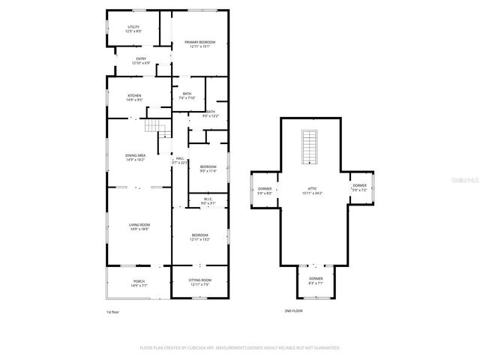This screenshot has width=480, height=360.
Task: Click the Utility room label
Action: [133, 29]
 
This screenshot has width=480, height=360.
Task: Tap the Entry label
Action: [141, 61]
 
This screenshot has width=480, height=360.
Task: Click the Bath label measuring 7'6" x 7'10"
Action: [187, 96]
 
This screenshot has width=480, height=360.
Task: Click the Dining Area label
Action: [135, 157]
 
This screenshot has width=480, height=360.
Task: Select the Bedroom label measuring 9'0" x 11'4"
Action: [208, 169]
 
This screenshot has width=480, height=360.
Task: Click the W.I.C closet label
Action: [208, 201]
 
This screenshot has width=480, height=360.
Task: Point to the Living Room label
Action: [139, 227]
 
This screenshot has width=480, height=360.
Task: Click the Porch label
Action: [139, 283]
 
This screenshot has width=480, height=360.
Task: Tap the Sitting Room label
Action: [199, 283]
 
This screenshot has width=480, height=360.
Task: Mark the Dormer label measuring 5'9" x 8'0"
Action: [264, 190]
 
